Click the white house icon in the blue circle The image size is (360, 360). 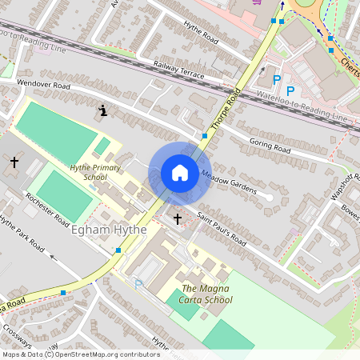[180, 173]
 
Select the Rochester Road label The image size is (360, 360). [47, 209]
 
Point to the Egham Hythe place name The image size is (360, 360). [108, 230]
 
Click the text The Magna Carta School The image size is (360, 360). [207, 294]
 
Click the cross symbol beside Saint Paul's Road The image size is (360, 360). [177, 217]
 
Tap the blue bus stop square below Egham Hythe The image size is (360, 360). [118, 250]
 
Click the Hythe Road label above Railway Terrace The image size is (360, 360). [200, 37]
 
